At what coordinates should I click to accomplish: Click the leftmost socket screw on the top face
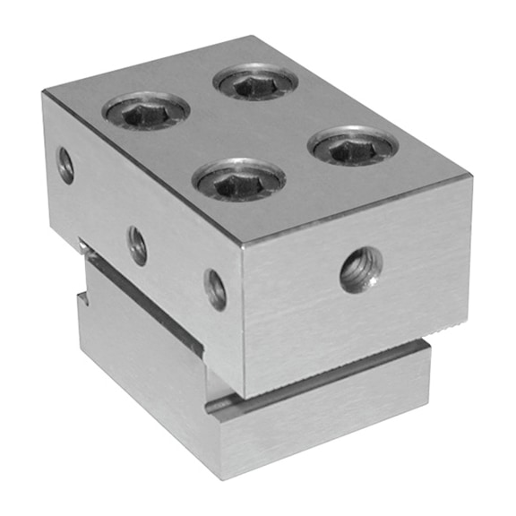[146, 111]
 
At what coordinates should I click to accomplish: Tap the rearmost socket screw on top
[256, 83]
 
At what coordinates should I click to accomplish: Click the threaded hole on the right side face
[361, 270]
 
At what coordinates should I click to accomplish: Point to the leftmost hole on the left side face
[66, 164]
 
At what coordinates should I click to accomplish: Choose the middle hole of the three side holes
[137, 245]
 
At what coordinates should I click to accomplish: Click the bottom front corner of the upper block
[244, 395]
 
